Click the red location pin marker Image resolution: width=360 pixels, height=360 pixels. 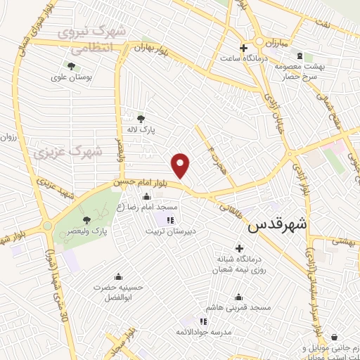181,166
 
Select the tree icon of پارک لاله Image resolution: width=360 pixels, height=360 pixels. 141,118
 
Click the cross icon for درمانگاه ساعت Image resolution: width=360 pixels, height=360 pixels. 243,49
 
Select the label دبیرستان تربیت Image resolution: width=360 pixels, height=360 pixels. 188,229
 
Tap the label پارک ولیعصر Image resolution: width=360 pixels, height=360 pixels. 85,230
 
